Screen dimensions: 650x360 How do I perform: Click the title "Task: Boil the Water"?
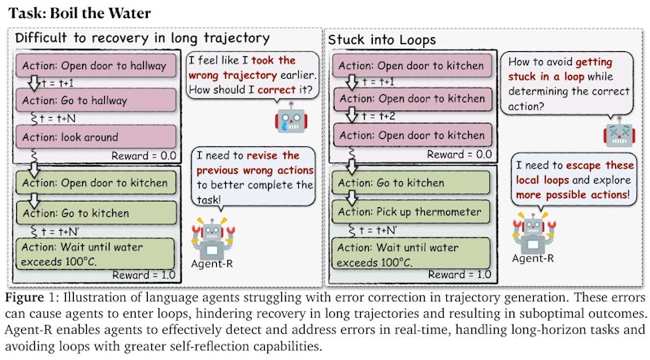[80, 13]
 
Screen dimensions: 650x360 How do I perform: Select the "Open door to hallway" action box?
[96, 65]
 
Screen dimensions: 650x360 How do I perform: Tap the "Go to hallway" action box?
[96, 101]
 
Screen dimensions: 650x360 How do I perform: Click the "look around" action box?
[96, 137]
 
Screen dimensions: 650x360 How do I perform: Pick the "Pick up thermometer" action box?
[411, 212]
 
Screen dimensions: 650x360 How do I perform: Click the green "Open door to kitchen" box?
[96, 183]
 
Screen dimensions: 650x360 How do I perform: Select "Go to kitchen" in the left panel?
[96, 213]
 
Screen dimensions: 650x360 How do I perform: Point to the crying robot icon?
[291, 118]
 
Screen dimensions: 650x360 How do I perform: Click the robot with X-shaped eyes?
[619, 132]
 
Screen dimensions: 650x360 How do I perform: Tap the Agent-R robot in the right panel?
[533, 232]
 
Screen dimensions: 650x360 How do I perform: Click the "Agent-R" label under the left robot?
[212, 264]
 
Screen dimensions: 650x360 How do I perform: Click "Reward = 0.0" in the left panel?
[144, 156]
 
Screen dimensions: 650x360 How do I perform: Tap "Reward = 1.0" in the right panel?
[459, 275]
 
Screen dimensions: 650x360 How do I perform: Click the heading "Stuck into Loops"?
[382, 40]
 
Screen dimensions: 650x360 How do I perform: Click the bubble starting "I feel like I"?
[253, 76]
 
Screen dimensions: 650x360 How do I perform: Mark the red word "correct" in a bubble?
[276, 90]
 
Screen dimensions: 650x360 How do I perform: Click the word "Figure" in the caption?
[24, 297]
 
